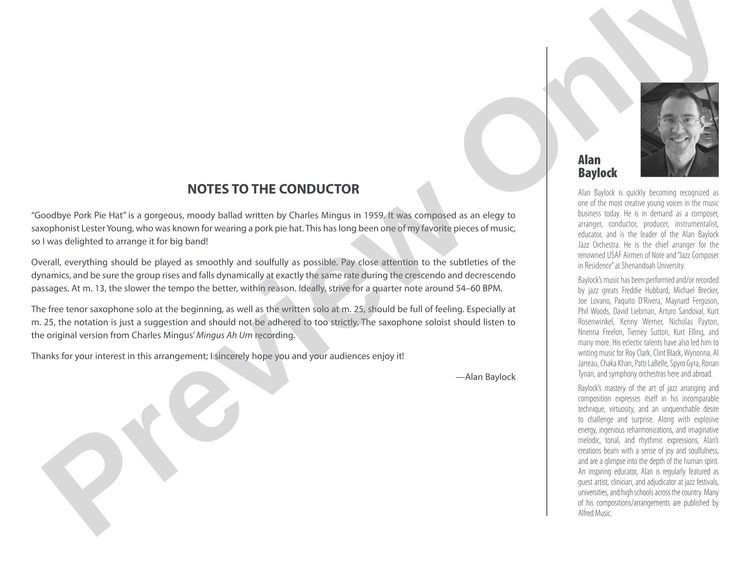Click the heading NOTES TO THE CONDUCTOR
273,189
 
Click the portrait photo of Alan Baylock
679,129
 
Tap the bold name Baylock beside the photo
597,173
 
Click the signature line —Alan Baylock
485,377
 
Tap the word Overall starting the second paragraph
45,262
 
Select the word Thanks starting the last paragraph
44,356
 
